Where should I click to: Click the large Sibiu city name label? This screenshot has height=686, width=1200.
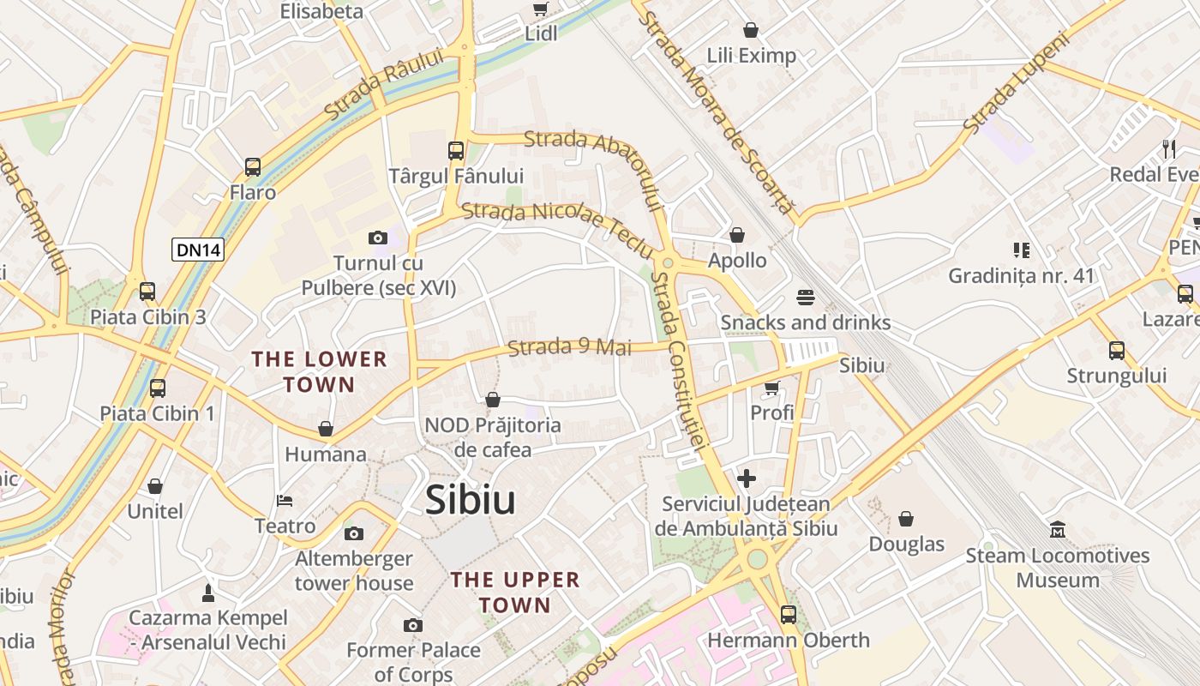click(471, 501)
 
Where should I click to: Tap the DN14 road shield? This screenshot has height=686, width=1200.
click(198, 250)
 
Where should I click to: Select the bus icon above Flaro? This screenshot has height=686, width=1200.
click(253, 166)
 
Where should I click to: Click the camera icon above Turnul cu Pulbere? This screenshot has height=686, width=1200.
click(377, 238)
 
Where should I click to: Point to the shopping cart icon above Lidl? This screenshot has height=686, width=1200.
click(540, 9)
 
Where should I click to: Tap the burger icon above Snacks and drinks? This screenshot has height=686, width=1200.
click(805, 298)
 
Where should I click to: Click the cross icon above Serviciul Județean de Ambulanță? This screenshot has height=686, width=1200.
click(747, 478)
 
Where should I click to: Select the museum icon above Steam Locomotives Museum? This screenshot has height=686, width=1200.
click(1057, 530)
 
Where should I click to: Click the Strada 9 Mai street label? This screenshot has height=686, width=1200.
click(569, 347)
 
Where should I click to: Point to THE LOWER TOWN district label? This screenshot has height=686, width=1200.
click(319, 371)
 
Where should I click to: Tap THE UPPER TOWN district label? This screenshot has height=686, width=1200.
click(515, 592)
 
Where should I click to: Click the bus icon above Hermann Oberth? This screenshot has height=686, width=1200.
click(788, 614)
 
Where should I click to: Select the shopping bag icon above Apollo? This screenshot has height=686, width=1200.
click(737, 235)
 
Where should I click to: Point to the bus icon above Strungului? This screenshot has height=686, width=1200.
click(1117, 350)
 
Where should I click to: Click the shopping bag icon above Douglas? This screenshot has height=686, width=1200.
click(906, 519)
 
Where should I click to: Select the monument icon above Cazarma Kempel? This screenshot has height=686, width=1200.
click(207, 592)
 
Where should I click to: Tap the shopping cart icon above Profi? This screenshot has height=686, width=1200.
click(771, 388)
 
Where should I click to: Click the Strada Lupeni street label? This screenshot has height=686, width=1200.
click(1017, 83)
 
